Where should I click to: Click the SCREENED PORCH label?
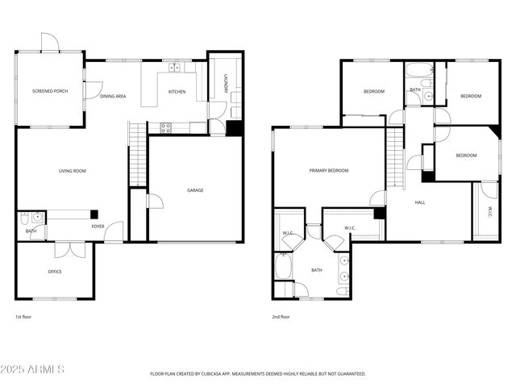click(x=50, y=92)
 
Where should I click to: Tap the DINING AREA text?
click(x=113, y=96)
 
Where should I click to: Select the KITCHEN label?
click(x=177, y=92)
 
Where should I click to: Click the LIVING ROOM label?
click(x=73, y=171)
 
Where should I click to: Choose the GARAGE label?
click(x=195, y=190)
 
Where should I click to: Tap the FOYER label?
click(x=98, y=227)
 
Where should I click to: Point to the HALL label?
click(x=420, y=202)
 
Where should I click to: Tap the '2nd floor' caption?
click(x=281, y=317)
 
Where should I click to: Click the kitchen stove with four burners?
click(x=166, y=127)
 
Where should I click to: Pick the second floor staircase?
click(x=394, y=157)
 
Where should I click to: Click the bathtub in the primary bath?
click(x=284, y=266)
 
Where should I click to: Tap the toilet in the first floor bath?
click(x=24, y=218)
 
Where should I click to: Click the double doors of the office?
click(x=75, y=248)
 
